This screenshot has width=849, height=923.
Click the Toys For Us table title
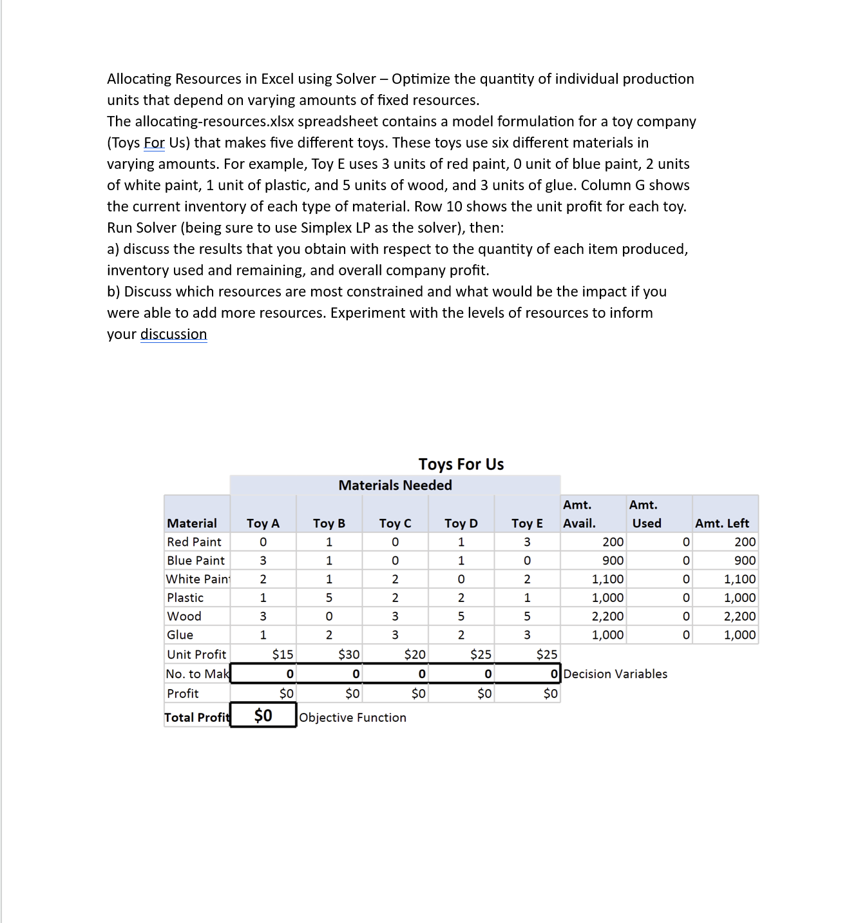click(461, 464)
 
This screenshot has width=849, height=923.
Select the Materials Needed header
click(395, 485)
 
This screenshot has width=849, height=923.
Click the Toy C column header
click(395, 523)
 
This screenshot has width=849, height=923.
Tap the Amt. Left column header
click(721, 523)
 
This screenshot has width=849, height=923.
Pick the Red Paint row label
click(194, 542)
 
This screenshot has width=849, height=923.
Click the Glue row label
click(180, 635)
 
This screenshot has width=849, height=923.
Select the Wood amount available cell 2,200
click(607, 616)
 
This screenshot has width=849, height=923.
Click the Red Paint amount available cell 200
click(613, 542)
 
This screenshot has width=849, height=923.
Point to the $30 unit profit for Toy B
click(348, 654)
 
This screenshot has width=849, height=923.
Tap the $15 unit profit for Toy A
click(282, 654)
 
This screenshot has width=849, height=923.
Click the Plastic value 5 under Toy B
click(329, 598)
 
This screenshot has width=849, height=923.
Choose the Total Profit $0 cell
click(263, 715)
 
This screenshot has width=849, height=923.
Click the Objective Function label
click(353, 717)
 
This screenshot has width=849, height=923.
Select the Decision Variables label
click(615, 674)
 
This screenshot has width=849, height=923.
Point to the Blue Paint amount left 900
click(745, 561)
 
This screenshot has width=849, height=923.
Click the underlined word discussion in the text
click(173, 334)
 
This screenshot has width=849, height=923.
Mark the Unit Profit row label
click(196, 654)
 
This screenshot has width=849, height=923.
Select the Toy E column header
click(527, 523)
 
